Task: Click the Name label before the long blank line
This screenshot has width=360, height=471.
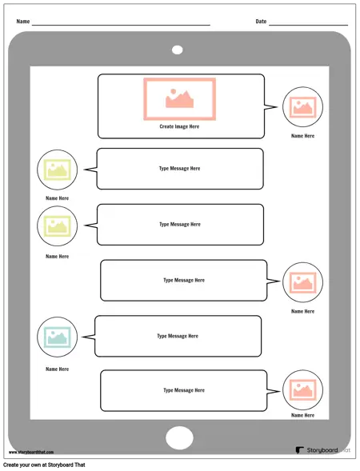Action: pyautogui.click(x=23, y=22)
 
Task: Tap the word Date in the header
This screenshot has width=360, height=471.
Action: pyautogui.click(x=261, y=22)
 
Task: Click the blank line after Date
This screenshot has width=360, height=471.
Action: pyautogui.click(x=308, y=25)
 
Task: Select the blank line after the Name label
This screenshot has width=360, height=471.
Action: pyautogui.click(x=121, y=25)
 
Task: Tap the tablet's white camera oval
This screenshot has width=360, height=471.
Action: pyautogui.click(x=178, y=50)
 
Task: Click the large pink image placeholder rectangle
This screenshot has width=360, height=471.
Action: pyautogui.click(x=179, y=99)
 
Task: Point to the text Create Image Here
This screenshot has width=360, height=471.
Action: pyautogui.click(x=179, y=126)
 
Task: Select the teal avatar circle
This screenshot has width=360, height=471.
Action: pyautogui.click(x=57, y=337)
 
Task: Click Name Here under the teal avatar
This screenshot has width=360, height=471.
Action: pyautogui.click(x=57, y=369)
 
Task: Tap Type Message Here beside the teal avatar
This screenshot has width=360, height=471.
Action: pyautogui.click(x=178, y=336)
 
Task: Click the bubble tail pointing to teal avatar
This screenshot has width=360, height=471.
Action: pyautogui.click(x=89, y=337)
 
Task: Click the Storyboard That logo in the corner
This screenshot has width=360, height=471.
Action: pyautogui.click(x=322, y=450)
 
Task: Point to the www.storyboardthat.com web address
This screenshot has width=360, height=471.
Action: pyautogui.click(x=31, y=452)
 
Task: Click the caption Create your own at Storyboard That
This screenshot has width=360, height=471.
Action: pyautogui.click(x=44, y=465)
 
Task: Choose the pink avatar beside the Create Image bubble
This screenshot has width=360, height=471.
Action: pyautogui.click(x=302, y=107)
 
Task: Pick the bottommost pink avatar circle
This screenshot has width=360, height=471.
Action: pyautogui.click(x=302, y=390)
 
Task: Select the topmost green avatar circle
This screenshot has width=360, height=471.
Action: pyautogui.click(x=57, y=170)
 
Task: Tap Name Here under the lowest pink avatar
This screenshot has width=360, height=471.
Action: pyautogui.click(x=302, y=415)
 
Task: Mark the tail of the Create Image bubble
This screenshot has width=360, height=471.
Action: pyautogui.click(x=270, y=107)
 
